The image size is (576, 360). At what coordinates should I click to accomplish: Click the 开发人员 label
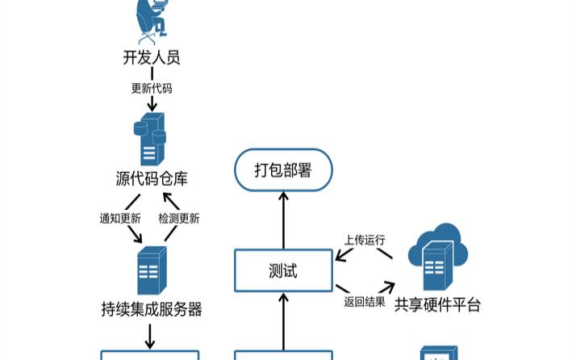(151, 57)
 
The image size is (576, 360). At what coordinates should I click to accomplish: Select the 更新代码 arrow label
(152, 88)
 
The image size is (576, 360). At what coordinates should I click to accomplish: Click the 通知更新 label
(120, 218)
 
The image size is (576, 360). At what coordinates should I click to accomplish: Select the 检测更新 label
(179, 218)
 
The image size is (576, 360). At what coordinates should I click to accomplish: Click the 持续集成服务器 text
(152, 309)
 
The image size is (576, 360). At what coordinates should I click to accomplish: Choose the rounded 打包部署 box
(283, 170)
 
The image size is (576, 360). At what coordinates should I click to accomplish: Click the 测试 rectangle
(283, 270)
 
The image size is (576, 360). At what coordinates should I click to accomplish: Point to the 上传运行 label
(365, 240)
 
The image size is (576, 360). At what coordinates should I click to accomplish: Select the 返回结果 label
(365, 302)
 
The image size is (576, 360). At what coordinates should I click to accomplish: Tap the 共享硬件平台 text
(438, 305)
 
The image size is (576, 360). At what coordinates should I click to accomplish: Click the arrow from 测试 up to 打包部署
(283, 220)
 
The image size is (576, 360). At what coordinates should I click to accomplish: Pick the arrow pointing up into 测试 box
(283, 320)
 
